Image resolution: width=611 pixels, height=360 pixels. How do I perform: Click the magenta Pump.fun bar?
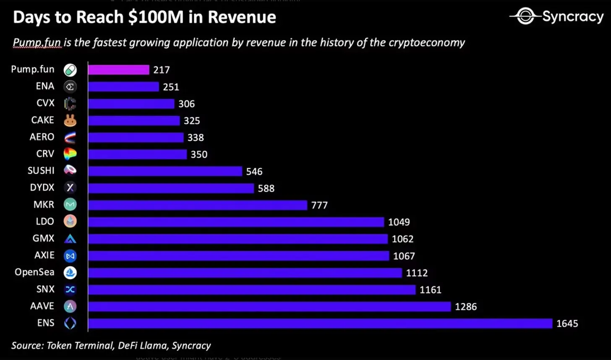[118, 70]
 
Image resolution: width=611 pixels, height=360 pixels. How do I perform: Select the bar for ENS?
[320, 323]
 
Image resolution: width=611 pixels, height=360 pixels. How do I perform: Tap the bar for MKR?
[197, 205]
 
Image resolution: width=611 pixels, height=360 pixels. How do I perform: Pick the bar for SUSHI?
[165, 171]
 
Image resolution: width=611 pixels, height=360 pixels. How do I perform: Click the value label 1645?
[567, 323]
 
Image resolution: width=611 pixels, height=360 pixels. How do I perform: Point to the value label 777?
[319, 205]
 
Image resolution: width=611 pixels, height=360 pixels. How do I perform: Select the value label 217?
[162, 70]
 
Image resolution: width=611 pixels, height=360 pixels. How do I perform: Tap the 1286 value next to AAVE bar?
[466, 307]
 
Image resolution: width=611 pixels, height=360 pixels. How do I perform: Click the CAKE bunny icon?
[70, 120]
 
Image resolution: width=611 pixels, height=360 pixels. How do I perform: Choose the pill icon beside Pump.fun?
[70, 70]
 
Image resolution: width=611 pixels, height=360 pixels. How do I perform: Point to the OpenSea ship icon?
[70, 273]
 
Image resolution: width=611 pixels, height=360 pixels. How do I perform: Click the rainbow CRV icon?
[70, 154]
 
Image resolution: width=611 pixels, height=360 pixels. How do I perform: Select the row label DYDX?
[42, 188]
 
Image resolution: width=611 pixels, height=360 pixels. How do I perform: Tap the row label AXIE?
[44, 255]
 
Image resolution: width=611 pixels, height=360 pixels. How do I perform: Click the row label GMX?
[44, 238]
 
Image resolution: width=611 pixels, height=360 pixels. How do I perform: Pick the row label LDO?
[45, 221]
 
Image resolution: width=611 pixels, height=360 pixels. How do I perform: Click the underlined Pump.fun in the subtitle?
[37, 42]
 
